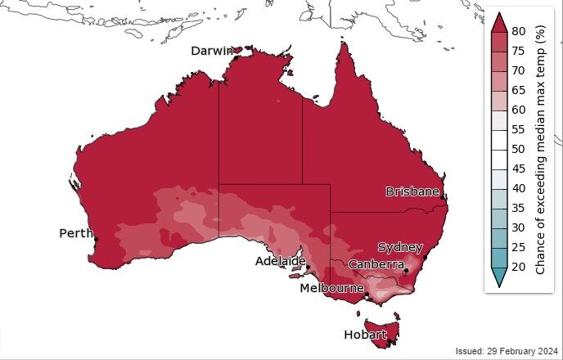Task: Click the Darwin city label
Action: coord(212,51)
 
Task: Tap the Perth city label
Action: coord(76,233)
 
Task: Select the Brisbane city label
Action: coord(412,191)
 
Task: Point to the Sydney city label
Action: coord(399,247)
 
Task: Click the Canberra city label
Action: coord(376,264)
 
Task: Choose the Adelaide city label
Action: coord(280,261)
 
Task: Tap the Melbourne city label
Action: coord(331,289)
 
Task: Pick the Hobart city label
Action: coord(365,335)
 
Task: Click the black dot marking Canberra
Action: coord(407,271)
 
